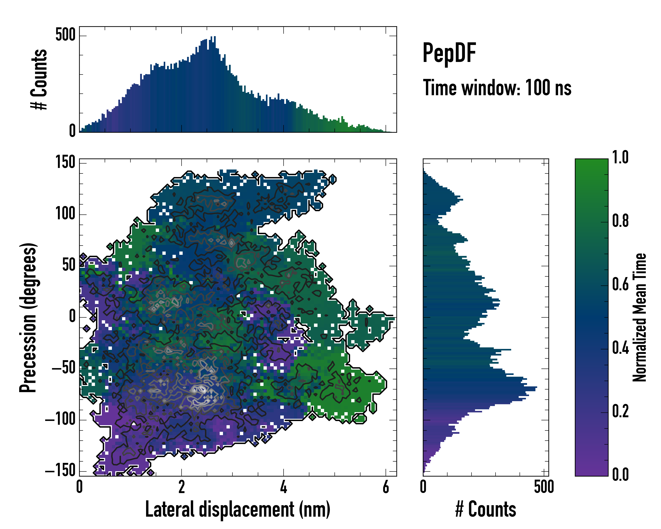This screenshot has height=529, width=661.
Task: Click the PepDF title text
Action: (449, 53)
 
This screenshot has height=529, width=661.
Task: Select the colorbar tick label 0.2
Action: (620, 411)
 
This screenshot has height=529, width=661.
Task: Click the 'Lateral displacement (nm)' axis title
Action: (238, 509)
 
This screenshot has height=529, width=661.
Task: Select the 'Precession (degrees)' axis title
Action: (28, 317)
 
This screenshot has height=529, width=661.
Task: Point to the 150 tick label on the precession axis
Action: (65, 162)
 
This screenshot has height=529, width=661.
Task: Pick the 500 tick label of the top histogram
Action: (65, 35)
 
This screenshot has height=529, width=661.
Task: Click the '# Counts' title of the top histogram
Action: (39, 79)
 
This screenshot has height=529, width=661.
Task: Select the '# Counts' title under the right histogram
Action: (486, 509)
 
